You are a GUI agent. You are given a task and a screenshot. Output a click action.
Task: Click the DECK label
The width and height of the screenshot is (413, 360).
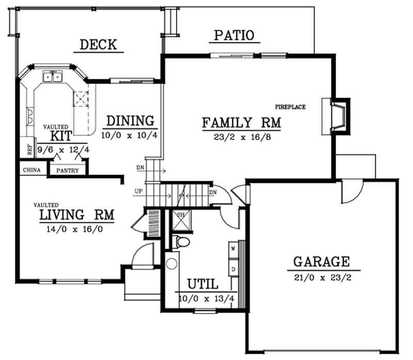tap(98, 44)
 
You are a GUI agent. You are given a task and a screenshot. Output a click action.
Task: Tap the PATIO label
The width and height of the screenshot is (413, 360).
tap(234, 35)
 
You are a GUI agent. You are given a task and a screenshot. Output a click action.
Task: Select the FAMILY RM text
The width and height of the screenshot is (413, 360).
tap(241, 123)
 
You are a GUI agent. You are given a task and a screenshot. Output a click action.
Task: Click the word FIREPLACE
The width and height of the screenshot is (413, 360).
tap(290, 107)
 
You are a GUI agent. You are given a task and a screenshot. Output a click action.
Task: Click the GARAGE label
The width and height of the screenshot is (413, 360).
tap(322, 261)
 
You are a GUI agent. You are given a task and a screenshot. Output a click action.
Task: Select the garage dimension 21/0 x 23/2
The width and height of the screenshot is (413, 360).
tap(322, 277)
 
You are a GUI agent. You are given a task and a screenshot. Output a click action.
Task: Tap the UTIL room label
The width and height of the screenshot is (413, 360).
tap(202, 284)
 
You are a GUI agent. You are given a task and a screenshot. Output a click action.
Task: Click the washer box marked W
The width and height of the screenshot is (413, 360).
tap(233, 248)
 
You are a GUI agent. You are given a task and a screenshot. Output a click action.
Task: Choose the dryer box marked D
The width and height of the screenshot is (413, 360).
tap(233, 269)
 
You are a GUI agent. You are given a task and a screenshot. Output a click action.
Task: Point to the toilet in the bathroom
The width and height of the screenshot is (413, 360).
tap(181, 241)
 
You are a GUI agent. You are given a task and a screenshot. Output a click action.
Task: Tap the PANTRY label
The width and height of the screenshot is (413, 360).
tap(68, 170)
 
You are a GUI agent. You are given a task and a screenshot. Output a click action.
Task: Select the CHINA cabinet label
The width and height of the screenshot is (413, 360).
tap(33, 169)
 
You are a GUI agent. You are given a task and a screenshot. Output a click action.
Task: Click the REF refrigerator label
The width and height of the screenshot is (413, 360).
tap(29, 149)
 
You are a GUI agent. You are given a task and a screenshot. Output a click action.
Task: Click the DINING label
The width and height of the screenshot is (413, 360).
tap(130, 121)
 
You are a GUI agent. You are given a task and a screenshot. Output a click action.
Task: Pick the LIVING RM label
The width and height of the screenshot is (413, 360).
tap(76, 214)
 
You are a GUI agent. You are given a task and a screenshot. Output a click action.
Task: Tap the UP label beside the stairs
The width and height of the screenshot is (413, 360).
tap(138, 192)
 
